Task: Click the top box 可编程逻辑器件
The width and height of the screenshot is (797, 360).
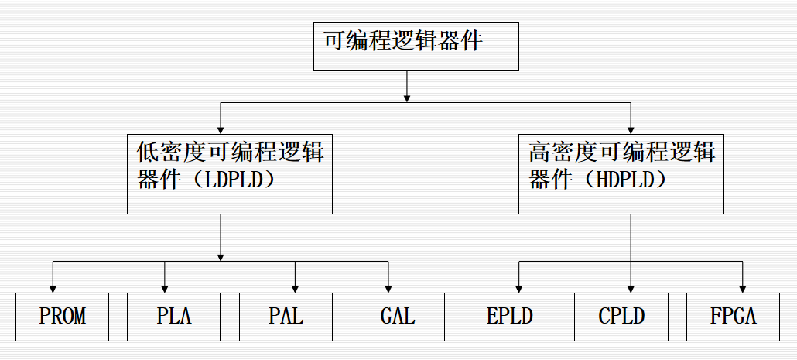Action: [416, 46]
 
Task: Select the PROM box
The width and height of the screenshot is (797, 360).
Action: [62, 317]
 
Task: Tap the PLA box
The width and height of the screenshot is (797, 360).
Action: [174, 317]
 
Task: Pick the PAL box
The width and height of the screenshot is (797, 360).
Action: [286, 317]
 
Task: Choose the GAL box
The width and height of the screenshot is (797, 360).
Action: [398, 317]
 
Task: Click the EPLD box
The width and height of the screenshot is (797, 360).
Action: [510, 317]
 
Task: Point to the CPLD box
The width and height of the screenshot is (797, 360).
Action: [621, 317]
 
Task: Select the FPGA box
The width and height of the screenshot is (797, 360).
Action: [734, 317]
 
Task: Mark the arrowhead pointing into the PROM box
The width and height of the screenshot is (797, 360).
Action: [53, 288]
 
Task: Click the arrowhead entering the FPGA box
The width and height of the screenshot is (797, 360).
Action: [743, 288]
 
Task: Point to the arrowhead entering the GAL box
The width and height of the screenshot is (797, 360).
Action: [388, 288]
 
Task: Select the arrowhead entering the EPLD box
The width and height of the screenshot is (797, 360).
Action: [519, 288]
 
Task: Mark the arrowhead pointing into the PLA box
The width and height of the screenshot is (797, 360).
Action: [165, 288]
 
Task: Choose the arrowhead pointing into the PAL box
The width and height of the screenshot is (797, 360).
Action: [295, 288]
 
